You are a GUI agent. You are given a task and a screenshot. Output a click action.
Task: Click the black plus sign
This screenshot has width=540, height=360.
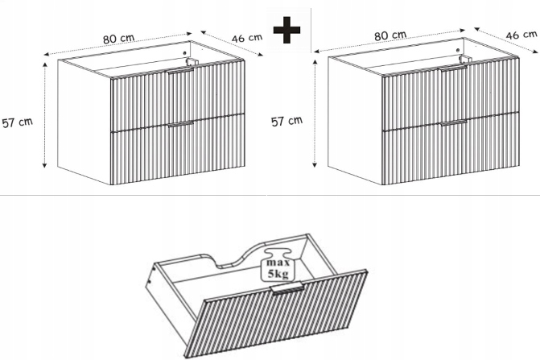click(286, 30)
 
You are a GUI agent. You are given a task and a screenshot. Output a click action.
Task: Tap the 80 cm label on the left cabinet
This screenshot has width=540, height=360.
click(119, 38)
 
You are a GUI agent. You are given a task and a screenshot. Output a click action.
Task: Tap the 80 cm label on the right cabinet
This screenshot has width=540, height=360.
click(390, 35)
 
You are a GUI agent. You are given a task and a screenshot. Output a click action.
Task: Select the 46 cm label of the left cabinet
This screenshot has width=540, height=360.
click(247, 38)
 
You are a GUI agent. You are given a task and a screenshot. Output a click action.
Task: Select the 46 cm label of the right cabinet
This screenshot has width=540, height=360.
click(521, 35)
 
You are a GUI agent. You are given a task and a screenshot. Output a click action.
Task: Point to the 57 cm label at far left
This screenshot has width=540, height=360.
click(17, 122)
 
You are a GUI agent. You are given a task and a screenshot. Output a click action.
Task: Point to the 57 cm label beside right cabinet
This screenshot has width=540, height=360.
click(286, 121)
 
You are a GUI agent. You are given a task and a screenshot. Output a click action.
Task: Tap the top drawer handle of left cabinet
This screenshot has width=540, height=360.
click(181, 70)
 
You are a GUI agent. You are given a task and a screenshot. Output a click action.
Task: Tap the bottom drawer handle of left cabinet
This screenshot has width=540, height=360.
click(181, 124)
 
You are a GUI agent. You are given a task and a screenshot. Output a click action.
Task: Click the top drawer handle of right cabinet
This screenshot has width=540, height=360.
click(454, 68)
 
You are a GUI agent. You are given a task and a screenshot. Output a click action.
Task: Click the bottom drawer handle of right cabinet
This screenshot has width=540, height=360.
click(454, 123)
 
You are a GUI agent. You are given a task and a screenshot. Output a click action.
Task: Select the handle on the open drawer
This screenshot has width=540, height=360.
click(288, 288)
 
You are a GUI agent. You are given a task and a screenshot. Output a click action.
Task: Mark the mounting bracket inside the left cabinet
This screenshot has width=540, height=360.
click(192, 62)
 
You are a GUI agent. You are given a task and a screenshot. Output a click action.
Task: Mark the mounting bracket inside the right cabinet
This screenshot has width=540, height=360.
click(464, 59)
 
